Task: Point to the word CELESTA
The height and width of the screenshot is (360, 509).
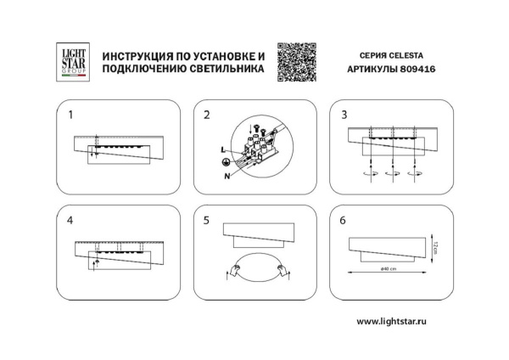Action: click(x=415, y=53)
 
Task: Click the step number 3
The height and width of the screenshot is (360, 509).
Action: click(x=344, y=114)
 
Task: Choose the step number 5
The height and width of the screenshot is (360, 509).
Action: click(x=206, y=220)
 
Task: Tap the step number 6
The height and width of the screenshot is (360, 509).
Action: click(x=344, y=220)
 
